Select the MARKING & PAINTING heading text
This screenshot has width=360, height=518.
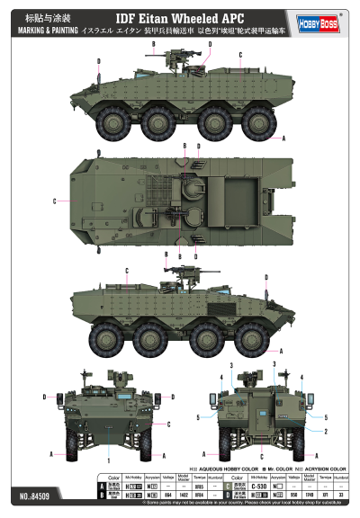coord(40,31)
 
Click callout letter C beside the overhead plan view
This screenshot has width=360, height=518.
coord(56,201)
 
